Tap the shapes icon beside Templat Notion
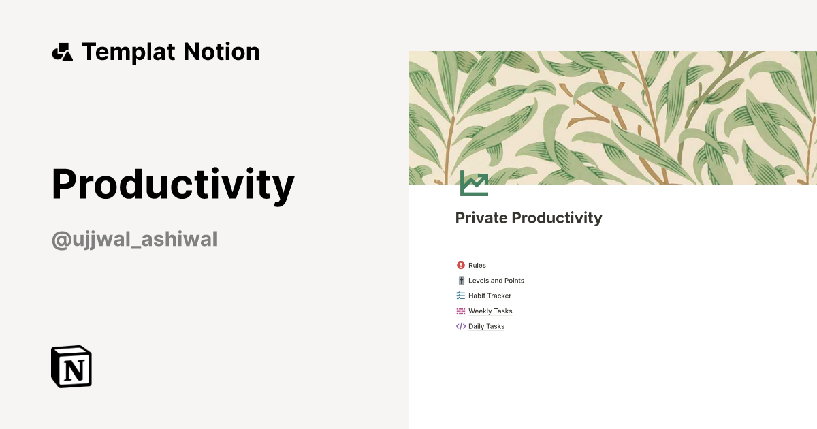pos(62,52)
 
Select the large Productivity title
pos(173,185)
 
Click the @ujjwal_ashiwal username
pos(134,240)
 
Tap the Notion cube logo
pos(71,366)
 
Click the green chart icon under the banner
pos(474,183)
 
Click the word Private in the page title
pos(481,218)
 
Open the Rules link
pos(477,266)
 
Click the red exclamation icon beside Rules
pos(461,266)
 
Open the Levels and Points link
pos(496,281)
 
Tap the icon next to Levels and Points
pos(461,281)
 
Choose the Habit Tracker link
pos(490,296)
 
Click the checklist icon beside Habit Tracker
pos(461,296)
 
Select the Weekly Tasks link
pos(490,311)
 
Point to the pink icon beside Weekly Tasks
pos(461,311)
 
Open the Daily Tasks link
pos(486,327)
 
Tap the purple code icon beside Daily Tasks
pos(461,327)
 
